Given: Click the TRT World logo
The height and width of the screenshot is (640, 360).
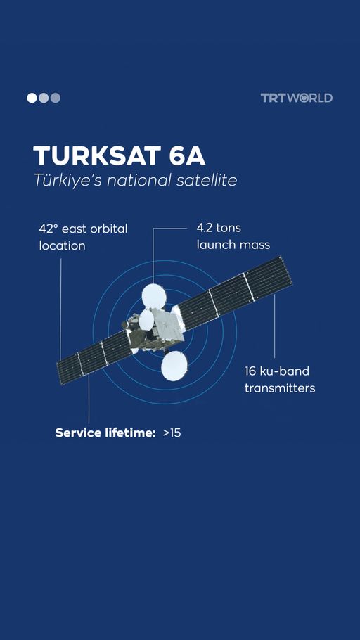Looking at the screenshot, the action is (x=297, y=98).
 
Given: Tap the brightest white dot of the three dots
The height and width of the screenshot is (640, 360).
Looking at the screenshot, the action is (x=32, y=98).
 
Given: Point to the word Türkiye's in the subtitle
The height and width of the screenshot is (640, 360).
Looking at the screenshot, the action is (x=67, y=181).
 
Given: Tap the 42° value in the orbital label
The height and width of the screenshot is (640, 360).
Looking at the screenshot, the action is (x=49, y=229).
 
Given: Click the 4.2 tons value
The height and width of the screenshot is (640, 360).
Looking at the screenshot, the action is (x=219, y=228).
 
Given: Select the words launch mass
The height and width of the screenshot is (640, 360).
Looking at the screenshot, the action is (x=233, y=245).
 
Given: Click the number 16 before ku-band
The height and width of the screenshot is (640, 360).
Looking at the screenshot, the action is (x=250, y=371).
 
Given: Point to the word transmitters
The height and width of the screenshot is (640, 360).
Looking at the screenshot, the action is (x=280, y=388).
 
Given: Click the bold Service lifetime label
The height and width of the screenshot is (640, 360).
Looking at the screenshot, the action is (x=105, y=433).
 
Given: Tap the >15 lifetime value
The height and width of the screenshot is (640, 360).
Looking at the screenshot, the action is (x=172, y=433).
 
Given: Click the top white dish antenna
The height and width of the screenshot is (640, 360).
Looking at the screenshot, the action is (x=154, y=296).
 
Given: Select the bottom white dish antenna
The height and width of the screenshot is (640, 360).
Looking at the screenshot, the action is (x=174, y=366).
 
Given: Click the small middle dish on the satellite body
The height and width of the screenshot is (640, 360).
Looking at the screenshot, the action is (x=146, y=320).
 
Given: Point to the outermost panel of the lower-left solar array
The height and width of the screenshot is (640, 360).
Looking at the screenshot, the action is (x=70, y=369).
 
